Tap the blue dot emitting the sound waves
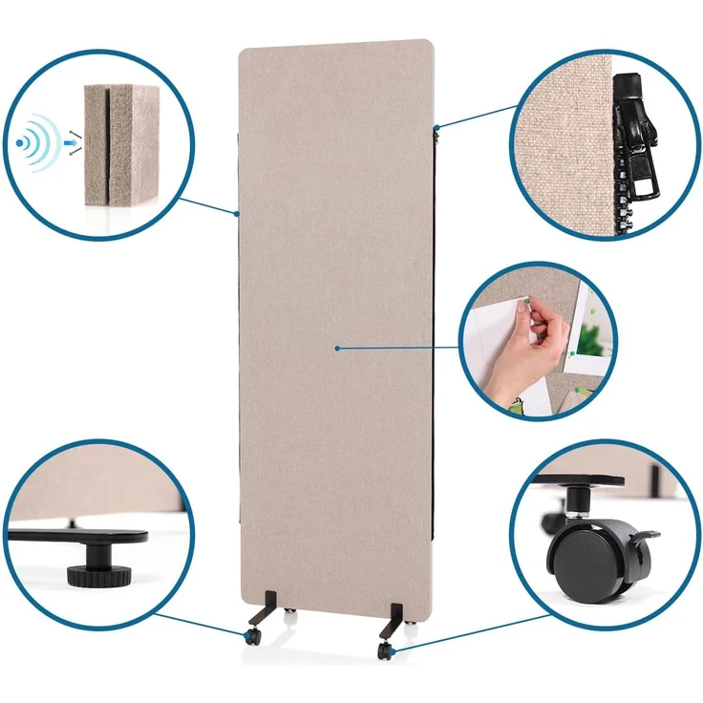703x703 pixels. click(21, 144)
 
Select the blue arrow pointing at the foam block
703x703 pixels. click(69, 144)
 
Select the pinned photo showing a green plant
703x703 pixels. click(590, 334)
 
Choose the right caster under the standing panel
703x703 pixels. click(385, 650)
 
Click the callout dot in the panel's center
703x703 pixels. click(337, 349)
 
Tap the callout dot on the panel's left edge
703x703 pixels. click(237, 212)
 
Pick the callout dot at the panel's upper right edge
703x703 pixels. click(436, 126)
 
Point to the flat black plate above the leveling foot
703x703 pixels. click(86, 535)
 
